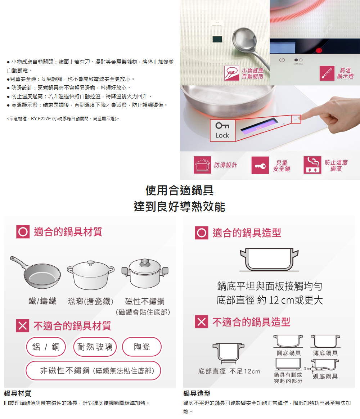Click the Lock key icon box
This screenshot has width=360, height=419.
pyautogui.click(x=222, y=130)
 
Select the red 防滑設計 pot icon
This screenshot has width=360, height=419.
pyautogui.click(x=202, y=165)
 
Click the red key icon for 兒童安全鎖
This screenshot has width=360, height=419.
pyautogui.click(x=260, y=165)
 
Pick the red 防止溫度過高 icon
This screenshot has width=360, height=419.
pyautogui.click(x=312, y=165)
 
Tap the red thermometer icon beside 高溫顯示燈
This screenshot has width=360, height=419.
pyautogui.click(x=327, y=73)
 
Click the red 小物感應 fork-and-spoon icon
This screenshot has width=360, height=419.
pyautogui.click(x=232, y=73)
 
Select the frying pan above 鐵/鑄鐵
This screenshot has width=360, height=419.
pyautogui.click(x=35, y=272)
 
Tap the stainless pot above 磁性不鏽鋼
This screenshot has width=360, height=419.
pyautogui.click(x=145, y=273)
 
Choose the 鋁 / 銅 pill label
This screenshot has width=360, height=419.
pyautogui.click(x=46, y=347)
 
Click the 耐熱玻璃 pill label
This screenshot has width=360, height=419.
pyautogui.click(x=95, y=347)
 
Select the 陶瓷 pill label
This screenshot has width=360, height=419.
pyautogui.click(x=142, y=347)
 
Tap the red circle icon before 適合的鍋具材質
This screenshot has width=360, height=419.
pyautogui.click(x=23, y=232)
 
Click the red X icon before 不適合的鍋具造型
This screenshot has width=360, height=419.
pyautogui.click(x=202, y=322)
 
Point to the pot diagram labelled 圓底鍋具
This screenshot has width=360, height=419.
pyautogui.click(x=288, y=341)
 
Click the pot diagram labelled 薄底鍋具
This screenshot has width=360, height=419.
pyautogui.click(x=325, y=341)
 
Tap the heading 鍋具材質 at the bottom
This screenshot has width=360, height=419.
pyautogui.click(x=18, y=393)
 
